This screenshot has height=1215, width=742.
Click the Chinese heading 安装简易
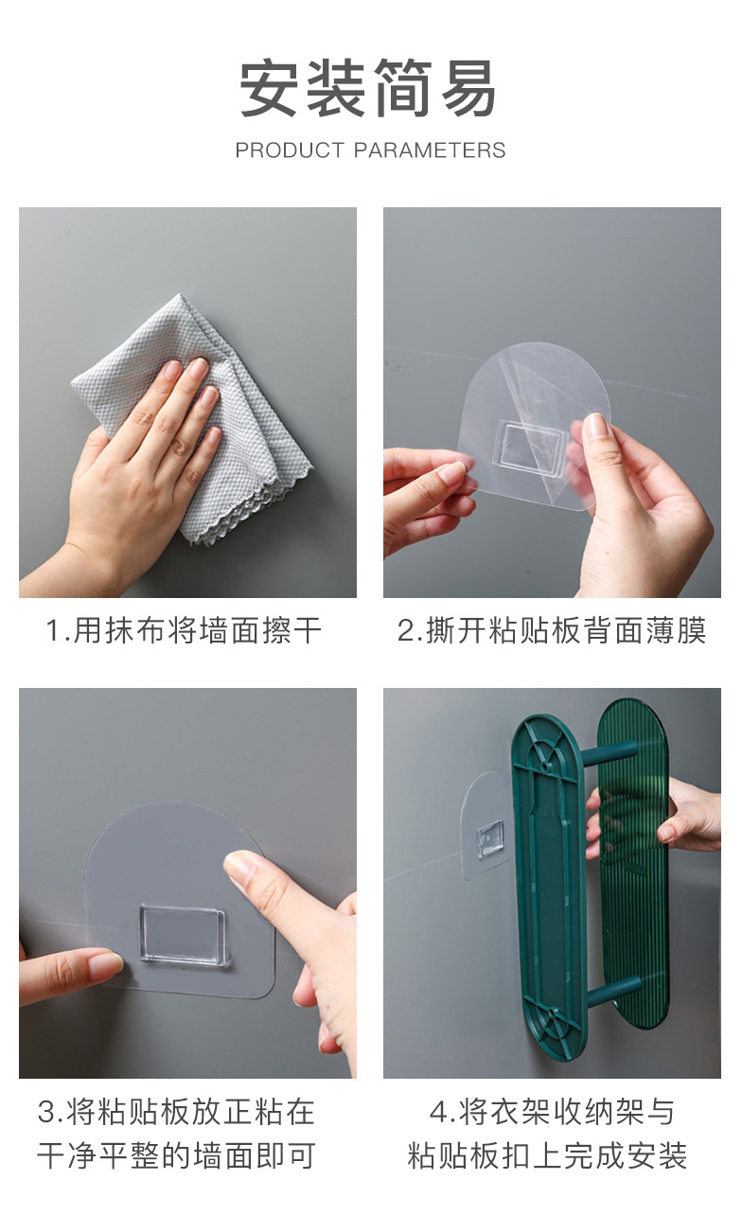pyautogui.click(x=368, y=89)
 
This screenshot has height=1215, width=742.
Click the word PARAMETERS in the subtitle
pyautogui.click(x=430, y=150)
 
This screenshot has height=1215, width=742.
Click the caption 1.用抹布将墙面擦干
pyautogui.click(x=185, y=631)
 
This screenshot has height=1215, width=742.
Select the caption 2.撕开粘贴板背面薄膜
pyautogui.click(x=552, y=631)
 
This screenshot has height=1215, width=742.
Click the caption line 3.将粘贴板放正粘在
pyautogui.click(x=176, y=1112)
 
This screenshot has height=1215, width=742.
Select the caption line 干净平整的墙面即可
pyautogui.click(x=176, y=1155)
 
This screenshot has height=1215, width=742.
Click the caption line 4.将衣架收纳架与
pyautogui.click(x=552, y=1112)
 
